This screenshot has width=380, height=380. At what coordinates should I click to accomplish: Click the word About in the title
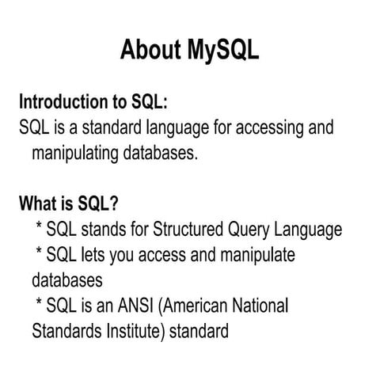[x=150, y=50]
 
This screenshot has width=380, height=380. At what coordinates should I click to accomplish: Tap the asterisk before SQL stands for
[x=39, y=228]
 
